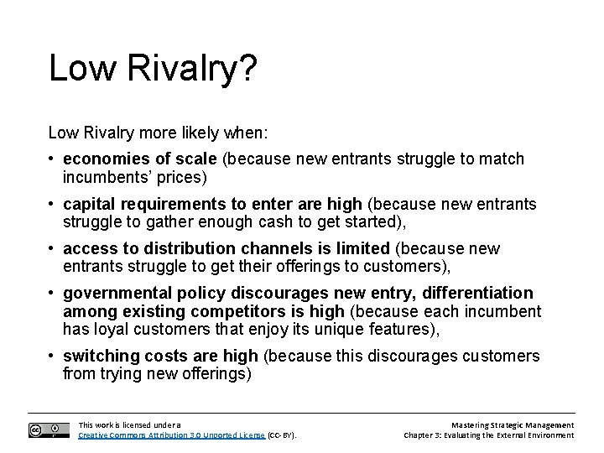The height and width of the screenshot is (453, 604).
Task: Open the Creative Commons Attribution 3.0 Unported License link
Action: coord(171,435)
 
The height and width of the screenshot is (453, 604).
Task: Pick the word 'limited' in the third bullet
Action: coord(362,248)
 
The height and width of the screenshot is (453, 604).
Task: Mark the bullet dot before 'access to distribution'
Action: coord(53,248)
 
